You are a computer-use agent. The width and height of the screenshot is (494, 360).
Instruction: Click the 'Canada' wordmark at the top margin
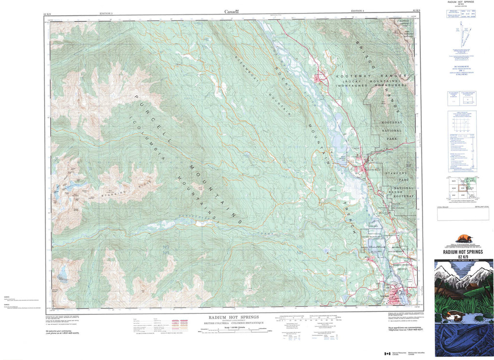(x=232, y=11)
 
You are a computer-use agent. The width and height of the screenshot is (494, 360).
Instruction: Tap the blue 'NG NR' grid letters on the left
(x=166, y=249)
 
